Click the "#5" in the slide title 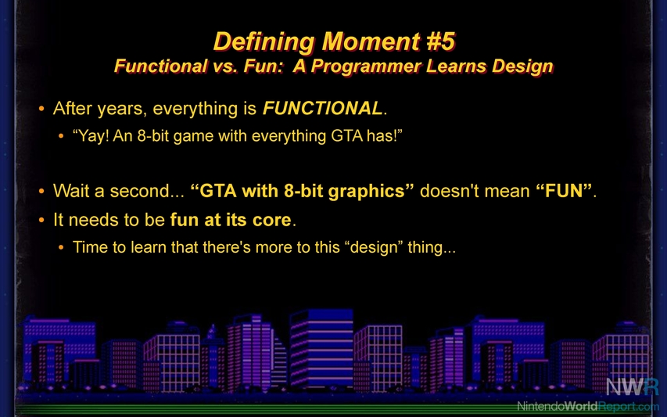point(441,41)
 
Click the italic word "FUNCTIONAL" point(322,108)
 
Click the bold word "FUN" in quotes point(564,191)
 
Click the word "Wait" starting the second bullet point(71,191)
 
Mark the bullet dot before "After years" point(41,109)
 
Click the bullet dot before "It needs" point(41,221)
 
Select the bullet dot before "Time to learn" point(61,247)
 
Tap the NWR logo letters point(632,386)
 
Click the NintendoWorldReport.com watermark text point(587,406)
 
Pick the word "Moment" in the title point(371,41)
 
